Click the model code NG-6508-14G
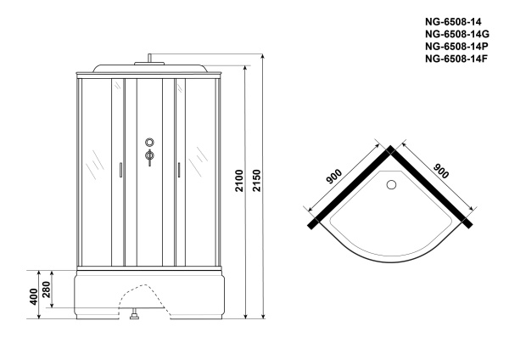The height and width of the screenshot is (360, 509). (457, 34)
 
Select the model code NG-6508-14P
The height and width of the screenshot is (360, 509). (456, 47)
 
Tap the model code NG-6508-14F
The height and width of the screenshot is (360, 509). (456, 59)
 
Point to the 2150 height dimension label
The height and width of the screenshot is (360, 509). (256, 180)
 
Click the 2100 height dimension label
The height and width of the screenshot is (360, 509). (239, 180)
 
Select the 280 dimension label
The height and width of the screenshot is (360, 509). (46, 290)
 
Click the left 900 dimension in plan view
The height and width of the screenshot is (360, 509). (334, 177)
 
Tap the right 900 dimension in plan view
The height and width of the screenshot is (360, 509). (441, 171)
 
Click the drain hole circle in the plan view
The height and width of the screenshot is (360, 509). (391, 184)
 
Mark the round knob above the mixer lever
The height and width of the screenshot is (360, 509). (149, 142)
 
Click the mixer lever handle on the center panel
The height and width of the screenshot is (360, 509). (149, 157)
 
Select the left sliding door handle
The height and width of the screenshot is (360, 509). (120, 170)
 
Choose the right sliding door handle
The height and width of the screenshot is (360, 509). (178, 170)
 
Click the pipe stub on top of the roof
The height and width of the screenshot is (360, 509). (149, 58)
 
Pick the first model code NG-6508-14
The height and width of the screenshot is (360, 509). (453, 22)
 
